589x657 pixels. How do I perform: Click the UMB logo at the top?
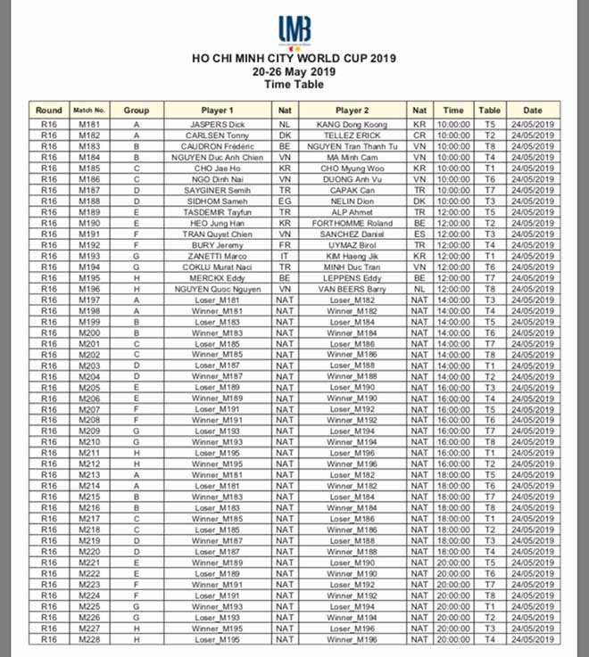294,30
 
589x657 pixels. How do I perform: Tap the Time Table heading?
294,85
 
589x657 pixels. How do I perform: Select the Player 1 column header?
218,110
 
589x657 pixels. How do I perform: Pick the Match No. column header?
89,110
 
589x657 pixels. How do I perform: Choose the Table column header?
489,110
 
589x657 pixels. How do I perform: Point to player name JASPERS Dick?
218,124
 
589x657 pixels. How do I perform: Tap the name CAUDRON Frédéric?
218,145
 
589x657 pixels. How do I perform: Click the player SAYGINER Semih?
218,190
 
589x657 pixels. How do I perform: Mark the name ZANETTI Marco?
218,256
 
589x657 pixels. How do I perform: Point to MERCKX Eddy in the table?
218,277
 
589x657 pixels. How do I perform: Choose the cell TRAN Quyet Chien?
218,234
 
